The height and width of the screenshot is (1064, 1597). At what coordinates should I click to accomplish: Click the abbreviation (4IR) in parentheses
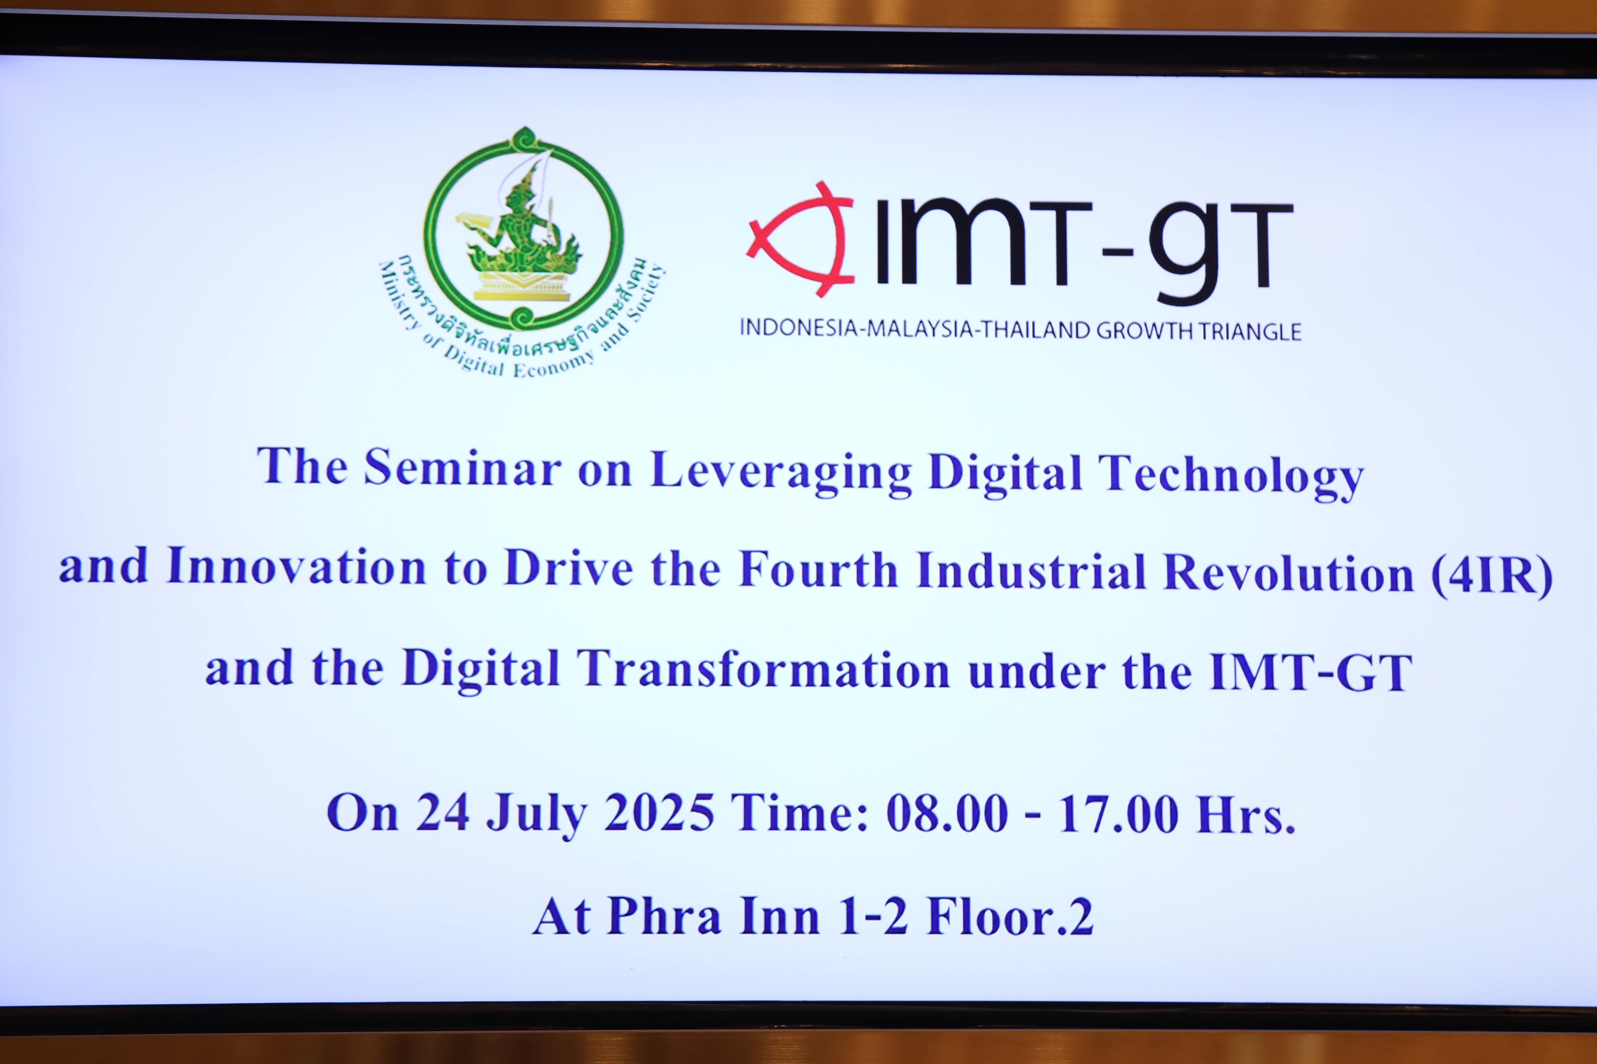pos(1492,575)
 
